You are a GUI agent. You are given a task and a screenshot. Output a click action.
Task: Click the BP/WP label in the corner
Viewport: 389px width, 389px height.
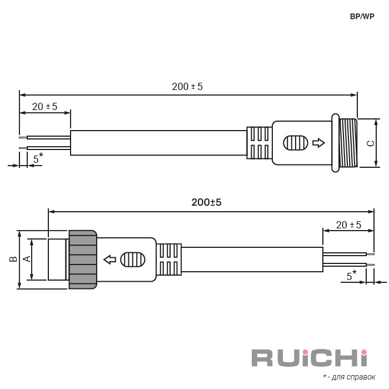362,16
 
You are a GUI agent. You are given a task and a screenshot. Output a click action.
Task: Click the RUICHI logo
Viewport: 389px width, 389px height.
310,358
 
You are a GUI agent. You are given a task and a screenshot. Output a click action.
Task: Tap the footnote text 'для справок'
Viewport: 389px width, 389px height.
353,377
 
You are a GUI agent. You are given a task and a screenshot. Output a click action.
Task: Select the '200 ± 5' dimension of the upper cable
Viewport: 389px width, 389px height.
187,87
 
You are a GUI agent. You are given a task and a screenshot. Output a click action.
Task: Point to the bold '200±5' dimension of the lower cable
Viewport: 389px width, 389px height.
206,202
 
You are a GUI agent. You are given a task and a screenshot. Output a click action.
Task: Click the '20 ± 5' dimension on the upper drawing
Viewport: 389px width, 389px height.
44,107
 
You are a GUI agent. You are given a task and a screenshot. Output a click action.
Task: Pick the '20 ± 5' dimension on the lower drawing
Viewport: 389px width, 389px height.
348,225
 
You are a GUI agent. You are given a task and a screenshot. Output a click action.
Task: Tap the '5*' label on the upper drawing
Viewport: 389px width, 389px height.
38,158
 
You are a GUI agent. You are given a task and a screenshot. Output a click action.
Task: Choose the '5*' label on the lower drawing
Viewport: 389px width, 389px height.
352,276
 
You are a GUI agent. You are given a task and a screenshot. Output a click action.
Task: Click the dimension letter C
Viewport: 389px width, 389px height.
371,143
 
